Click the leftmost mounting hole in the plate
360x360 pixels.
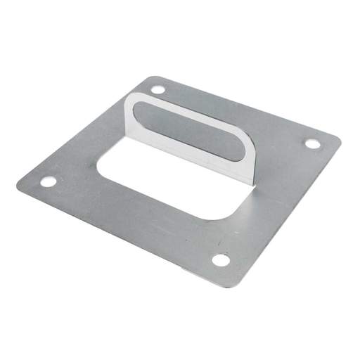coord(48,181)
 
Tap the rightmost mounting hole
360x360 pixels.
coord(312,143)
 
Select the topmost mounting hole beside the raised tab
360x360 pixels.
coord(158,90)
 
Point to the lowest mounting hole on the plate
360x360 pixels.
coord(221,260)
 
